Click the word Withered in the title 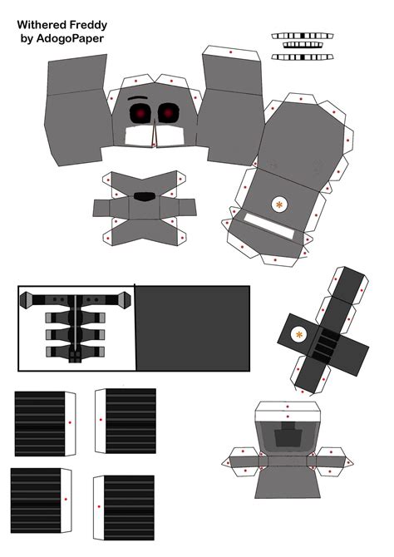pos(42,25)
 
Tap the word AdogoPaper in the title pos(70,38)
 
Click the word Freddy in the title pos(88,25)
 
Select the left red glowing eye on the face pos(140,113)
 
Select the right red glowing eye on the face pos(168,112)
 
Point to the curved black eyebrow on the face pos(137,98)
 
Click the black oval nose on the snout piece pos(145,196)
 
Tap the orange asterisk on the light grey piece pos(279,205)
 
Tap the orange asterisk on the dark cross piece pos(299,334)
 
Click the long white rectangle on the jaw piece pos(270,226)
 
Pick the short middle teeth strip pos(303,45)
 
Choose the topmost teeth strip pos(303,36)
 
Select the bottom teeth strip pos(303,57)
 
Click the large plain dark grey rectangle pos(193,328)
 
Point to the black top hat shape pos(288,434)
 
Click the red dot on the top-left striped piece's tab pos(70,422)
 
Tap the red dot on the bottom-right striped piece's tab pos(99,506)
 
